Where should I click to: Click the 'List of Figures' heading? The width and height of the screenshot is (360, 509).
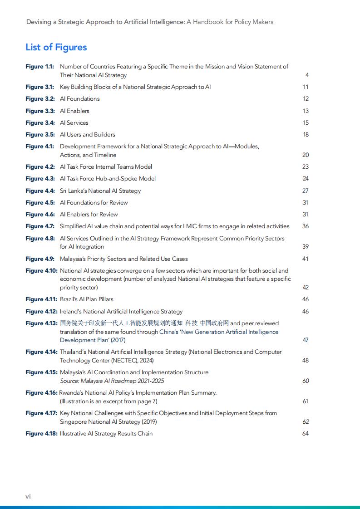click(x=56, y=47)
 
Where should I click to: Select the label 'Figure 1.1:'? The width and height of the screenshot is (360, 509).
click(x=39, y=67)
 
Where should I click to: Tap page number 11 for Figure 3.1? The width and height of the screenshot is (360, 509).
click(x=306, y=87)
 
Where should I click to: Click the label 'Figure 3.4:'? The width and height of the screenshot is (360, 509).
click(x=40, y=122)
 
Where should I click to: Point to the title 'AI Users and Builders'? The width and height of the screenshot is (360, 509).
click(x=88, y=134)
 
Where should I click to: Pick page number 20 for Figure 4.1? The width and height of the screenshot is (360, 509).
click(x=306, y=155)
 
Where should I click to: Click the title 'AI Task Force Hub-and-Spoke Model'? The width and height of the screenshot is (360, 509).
click(x=108, y=178)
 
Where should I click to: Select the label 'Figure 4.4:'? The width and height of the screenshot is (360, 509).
click(x=40, y=191)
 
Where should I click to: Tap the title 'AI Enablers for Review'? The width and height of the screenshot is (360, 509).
click(x=89, y=214)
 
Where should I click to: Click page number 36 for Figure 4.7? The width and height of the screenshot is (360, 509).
click(x=306, y=226)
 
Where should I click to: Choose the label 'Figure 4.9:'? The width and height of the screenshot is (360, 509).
click(x=40, y=259)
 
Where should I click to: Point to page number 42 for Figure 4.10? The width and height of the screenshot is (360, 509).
click(x=306, y=287)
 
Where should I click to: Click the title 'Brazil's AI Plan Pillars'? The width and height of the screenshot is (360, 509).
click(x=87, y=299)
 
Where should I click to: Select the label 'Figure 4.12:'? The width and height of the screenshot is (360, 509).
click(x=41, y=311)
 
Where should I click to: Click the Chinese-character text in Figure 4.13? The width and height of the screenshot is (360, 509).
click(x=144, y=323)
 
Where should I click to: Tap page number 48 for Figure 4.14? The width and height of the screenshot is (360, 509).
click(x=306, y=360)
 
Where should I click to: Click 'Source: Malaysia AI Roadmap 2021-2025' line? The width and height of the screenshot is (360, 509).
click(x=112, y=381)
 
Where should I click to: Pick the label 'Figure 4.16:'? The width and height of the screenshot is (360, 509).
click(x=41, y=392)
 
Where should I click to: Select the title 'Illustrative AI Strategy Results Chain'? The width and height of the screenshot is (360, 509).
click(x=106, y=433)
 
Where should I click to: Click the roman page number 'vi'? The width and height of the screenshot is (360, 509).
click(x=28, y=496)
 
